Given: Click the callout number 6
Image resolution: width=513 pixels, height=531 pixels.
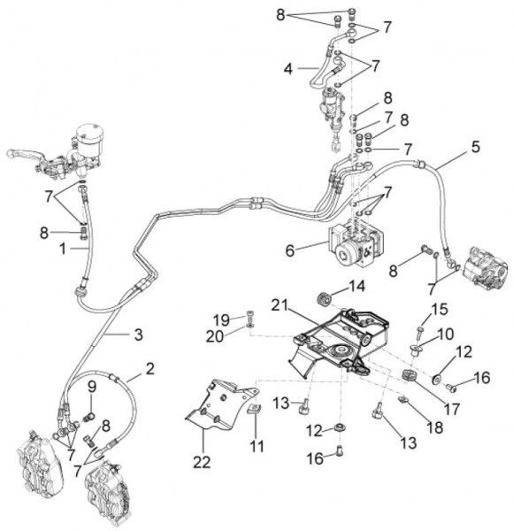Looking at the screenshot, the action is (290, 251).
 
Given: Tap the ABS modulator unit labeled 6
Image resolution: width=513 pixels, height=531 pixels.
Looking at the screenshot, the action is (358, 245).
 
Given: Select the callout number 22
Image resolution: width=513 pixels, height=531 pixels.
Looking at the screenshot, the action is (202, 462).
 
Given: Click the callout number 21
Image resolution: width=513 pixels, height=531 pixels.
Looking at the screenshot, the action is (279, 305).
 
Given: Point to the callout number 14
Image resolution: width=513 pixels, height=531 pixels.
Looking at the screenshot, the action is (356, 287).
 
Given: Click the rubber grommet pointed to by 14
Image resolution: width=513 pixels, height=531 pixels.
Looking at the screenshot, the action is (324, 300).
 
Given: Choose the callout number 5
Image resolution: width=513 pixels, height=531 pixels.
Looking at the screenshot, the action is (476, 147).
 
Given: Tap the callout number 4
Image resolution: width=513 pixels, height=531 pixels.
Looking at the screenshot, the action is (288, 69).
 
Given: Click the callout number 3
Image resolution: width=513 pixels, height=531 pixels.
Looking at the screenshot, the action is (138, 335).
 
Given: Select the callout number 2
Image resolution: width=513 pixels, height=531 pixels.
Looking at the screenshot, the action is (149, 368).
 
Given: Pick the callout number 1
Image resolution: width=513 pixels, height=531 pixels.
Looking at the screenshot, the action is (63, 250).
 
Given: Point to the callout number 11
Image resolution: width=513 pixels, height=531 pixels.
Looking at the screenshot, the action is (256, 446).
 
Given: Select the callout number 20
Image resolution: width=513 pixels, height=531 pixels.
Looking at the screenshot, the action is (215, 336).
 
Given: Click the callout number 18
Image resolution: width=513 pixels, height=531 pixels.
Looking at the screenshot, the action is (435, 427).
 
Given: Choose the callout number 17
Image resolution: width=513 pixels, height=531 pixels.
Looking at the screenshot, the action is (452, 409).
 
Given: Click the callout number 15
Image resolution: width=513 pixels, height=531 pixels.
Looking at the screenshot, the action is (440, 309).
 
